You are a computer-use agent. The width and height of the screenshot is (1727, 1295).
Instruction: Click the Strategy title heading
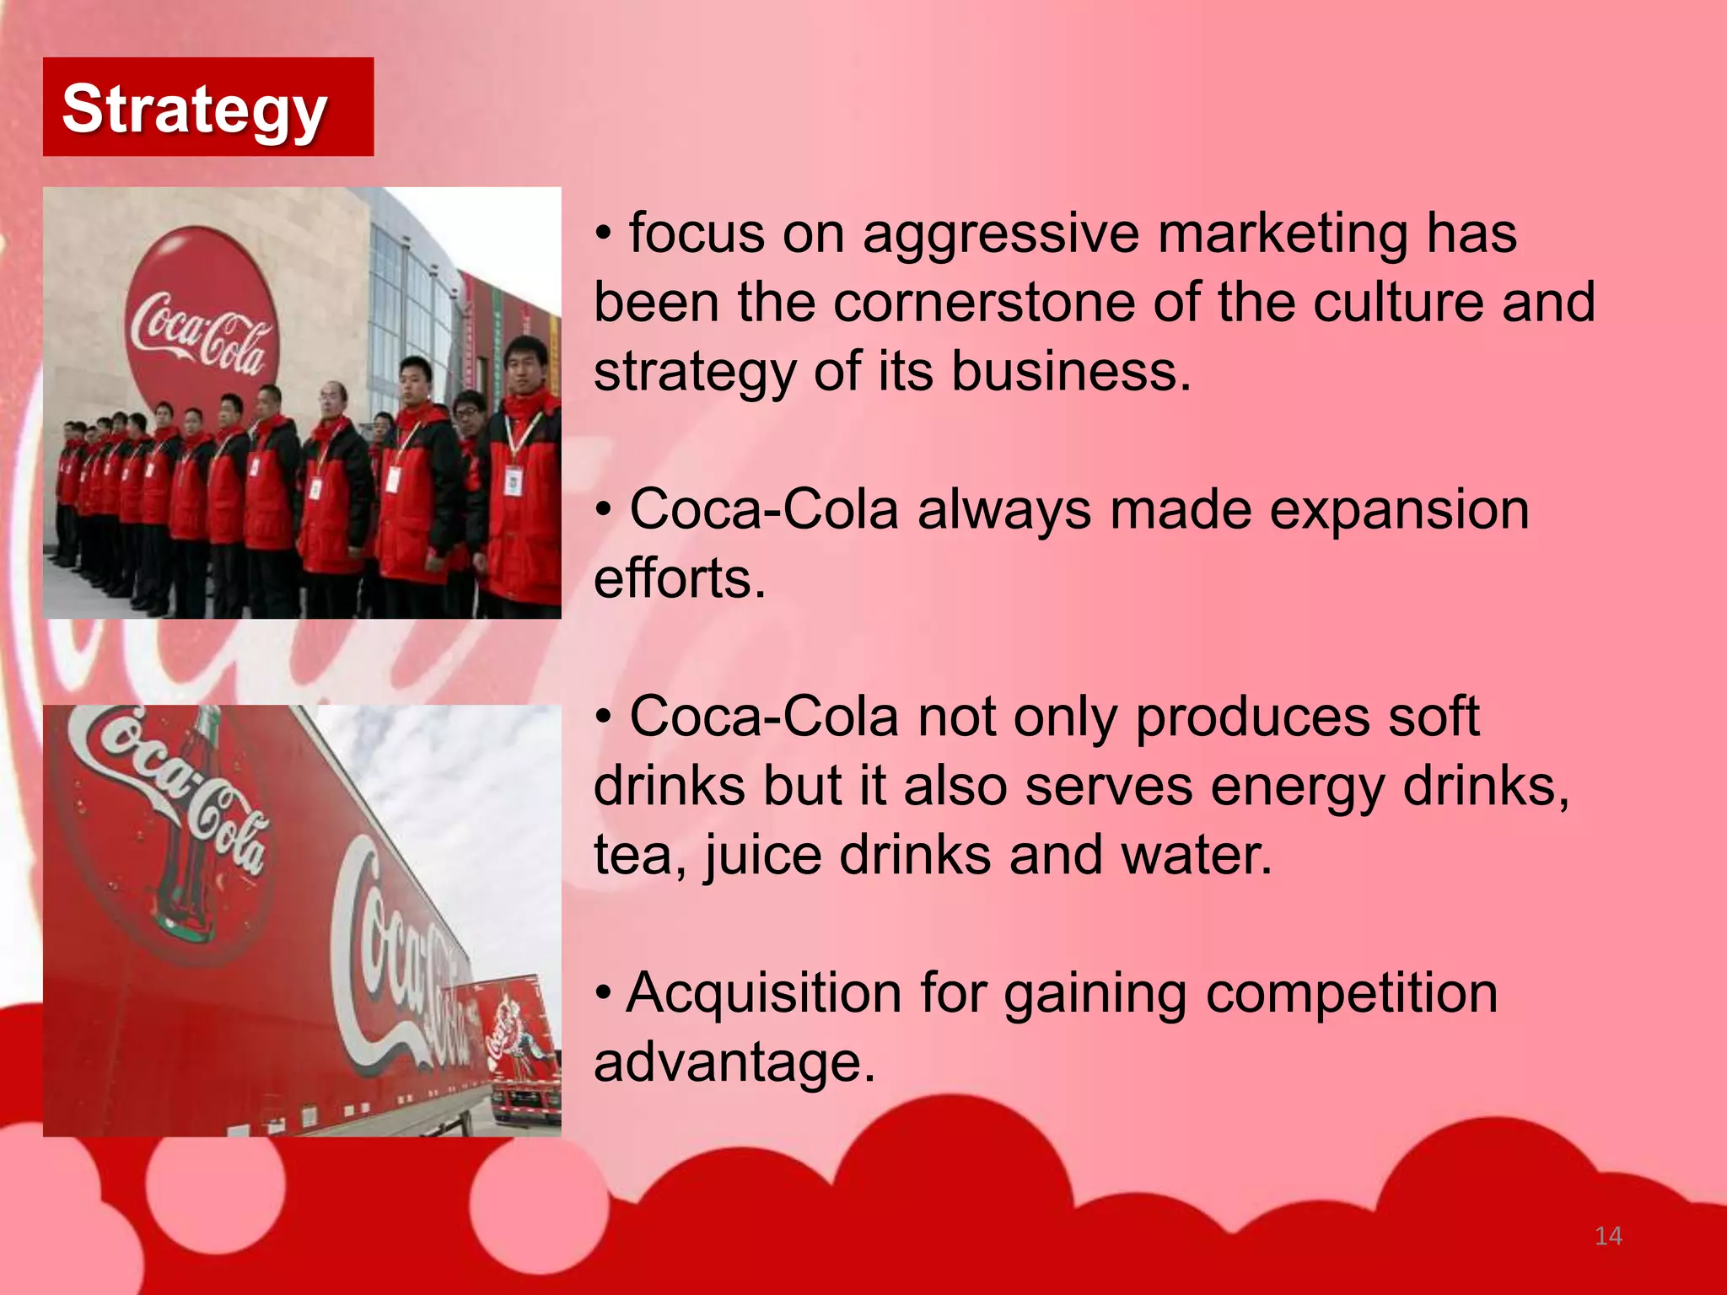click(194, 110)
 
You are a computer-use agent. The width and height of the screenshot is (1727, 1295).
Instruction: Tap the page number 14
click(1608, 1236)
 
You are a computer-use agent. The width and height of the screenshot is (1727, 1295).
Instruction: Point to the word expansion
click(1399, 511)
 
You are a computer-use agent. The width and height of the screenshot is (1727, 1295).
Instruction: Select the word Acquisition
click(764, 993)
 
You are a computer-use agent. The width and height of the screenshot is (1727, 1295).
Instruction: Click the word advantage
click(734, 1062)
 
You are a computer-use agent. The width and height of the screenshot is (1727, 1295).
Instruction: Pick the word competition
click(1352, 993)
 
